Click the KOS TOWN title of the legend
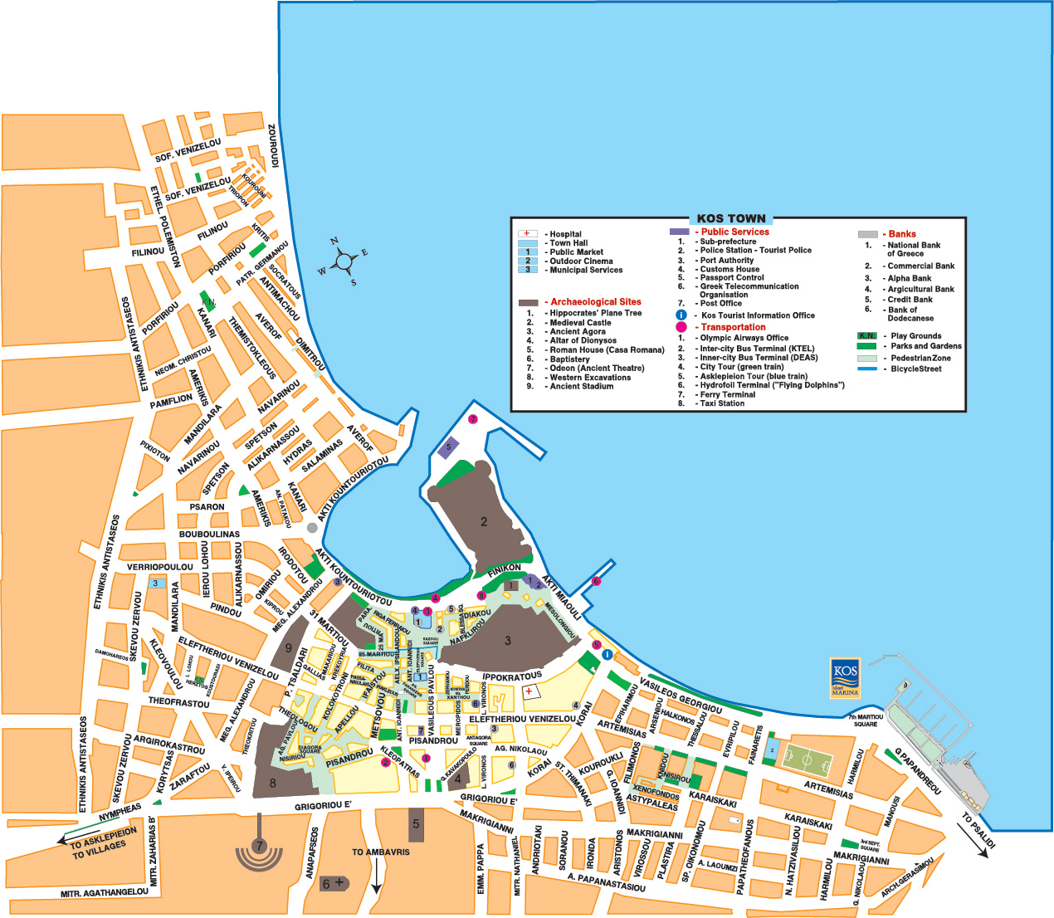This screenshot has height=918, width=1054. pyautogui.click(x=731, y=219)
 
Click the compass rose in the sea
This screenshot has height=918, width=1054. pyautogui.click(x=344, y=261)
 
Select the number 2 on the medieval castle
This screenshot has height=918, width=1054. pyautogui.click(x=484, y=522)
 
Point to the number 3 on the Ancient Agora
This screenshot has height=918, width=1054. pyautogui.click(x=508, y=640)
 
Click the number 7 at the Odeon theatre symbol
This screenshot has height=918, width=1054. pyautogui.click(x=259, y=847)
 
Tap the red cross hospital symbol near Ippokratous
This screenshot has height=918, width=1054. pyautogui.click(x=529, y=691)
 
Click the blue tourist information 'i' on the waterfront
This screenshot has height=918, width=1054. pyautogui.click(x=608, y=655)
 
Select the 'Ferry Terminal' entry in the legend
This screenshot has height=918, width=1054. pyautogui.click(x=727, y=394)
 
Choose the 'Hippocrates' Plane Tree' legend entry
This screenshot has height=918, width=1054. pyautogui.click(x=595, y=313)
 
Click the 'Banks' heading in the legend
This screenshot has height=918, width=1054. pyautogui.click(x=902, y=234)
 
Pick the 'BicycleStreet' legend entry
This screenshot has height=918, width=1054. pyautogui.click(x=915, y=369)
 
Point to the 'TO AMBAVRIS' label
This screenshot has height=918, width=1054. pyautogui.click(x=381, y=852)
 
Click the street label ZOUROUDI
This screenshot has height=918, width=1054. pyautogui.click(x=273, y=147)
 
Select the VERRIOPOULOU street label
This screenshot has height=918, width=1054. pyautogui.click(x=159, y=568)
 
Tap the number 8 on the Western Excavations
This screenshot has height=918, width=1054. pyautogui.click(x=272, y=783)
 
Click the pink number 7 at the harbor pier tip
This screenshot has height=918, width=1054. pyautogui.click(x=473, y=419)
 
